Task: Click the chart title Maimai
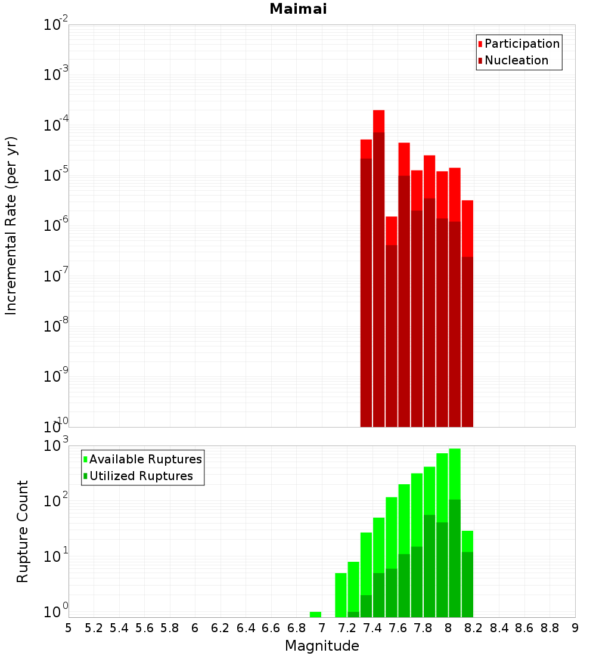point(298,10)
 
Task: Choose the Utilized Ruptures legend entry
point(141,476)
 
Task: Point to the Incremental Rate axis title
point(11,225)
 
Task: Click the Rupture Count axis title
point(23,531)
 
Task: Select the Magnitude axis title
point(322,646)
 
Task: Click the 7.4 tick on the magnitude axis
point(372,628)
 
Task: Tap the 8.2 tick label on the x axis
point(474,628)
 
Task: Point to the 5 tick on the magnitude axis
point(69,628)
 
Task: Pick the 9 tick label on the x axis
point(575,628)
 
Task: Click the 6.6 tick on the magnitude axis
point(271,628)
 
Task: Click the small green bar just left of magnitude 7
point(315,614)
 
